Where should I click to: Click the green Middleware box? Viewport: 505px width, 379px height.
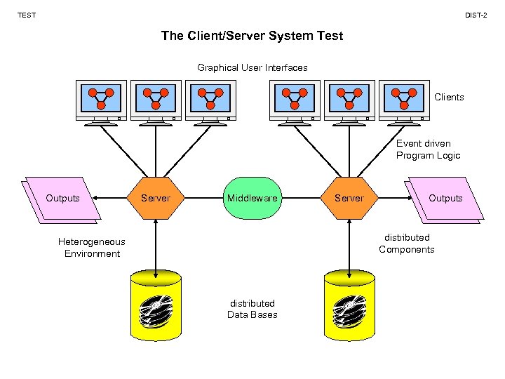[252, 198]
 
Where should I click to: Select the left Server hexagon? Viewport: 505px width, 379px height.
[156, 198]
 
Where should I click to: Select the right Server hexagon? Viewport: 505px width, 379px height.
[349, 198]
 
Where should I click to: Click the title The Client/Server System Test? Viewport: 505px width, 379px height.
[252, 35]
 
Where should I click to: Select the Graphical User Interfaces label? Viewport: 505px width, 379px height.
[252, 67]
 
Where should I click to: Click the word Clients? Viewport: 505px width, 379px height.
[449, 97]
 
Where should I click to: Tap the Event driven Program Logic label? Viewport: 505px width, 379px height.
[428, 149]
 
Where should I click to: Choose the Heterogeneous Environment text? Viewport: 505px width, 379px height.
[92, 248]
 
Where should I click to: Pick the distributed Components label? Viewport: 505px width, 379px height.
[407, 244]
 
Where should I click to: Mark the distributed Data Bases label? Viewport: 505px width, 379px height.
[252, 309]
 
